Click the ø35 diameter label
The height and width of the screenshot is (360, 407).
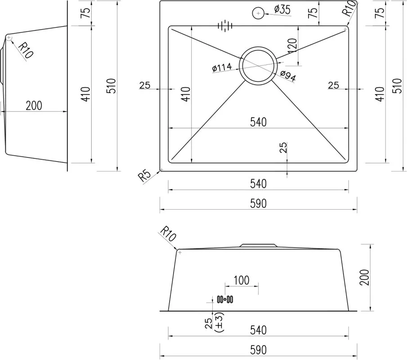282,9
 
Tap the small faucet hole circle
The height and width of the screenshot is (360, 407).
258,13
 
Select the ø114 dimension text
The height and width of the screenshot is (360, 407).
222,67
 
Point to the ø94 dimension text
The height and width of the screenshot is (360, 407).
288,76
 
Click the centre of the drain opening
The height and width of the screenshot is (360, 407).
258,65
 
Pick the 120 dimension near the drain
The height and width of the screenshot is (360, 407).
292,46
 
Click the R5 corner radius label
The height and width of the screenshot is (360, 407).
144,175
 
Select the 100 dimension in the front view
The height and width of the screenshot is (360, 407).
242,280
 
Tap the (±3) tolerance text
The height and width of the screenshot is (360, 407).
219,322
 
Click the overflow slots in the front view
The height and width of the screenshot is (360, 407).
225,300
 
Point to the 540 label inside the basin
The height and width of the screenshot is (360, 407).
258,122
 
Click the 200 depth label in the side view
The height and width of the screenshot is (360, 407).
34,106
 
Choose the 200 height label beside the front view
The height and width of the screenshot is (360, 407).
364,277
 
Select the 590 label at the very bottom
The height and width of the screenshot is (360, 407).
258,350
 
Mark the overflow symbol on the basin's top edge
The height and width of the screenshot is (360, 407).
225,26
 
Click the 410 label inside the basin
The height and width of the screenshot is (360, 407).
186,94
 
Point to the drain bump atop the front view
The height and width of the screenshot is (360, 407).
258,245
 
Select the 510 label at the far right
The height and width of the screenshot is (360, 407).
398,85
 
